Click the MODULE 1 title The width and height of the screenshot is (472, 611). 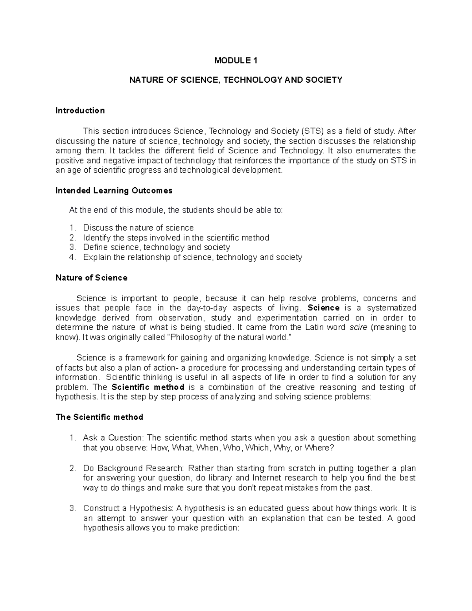(236, 61)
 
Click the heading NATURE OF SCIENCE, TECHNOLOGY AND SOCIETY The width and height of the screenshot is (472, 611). (236, 80)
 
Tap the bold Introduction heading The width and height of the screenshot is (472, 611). (80, 111)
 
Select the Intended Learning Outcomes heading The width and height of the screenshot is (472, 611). (114, 191)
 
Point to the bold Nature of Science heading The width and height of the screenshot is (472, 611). (91, 278)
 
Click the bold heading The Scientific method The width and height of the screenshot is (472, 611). (99, 417)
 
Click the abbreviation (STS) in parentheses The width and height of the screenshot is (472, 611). (313, 131)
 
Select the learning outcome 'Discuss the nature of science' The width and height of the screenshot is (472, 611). (138, 228)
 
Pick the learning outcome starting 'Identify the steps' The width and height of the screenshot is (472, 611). (176, 238)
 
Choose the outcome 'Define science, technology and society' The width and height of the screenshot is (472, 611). (156, 247)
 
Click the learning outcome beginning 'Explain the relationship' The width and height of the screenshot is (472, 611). (192, 258)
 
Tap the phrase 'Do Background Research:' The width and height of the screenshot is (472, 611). (133, 469)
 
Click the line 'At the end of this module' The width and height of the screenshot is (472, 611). (175, 210)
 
